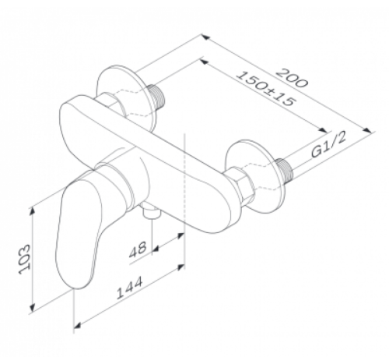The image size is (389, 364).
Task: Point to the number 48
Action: click(138, 250)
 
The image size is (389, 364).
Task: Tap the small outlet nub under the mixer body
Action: click(151, 211)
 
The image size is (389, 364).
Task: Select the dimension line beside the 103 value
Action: click(36, 257)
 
